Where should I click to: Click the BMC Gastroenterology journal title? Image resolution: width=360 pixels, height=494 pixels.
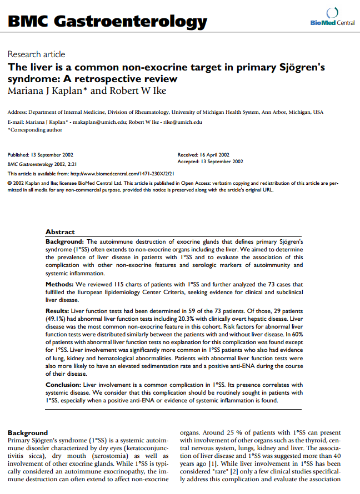pyautogui.click(x=107, y=22)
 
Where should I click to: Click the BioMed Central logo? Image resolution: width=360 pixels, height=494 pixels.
pyautogui.click(x=333, y=16)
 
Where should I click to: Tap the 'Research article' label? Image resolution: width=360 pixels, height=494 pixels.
pyautogui.click(x=36, y=54)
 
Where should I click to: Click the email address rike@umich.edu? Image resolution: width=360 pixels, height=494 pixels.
pyautogui.click(x=183, y=122)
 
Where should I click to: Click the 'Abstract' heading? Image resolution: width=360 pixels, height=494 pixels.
pyautogui.click(x=60, y=232)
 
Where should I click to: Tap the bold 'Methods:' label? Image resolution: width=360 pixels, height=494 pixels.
pyautogui.click(x=59, y=283)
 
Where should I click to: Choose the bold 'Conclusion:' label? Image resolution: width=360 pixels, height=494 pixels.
pyautogui.click(x=63, y=384)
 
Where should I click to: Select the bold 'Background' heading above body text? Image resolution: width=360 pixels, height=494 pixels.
pyautogui.click(x=28, y=432)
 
